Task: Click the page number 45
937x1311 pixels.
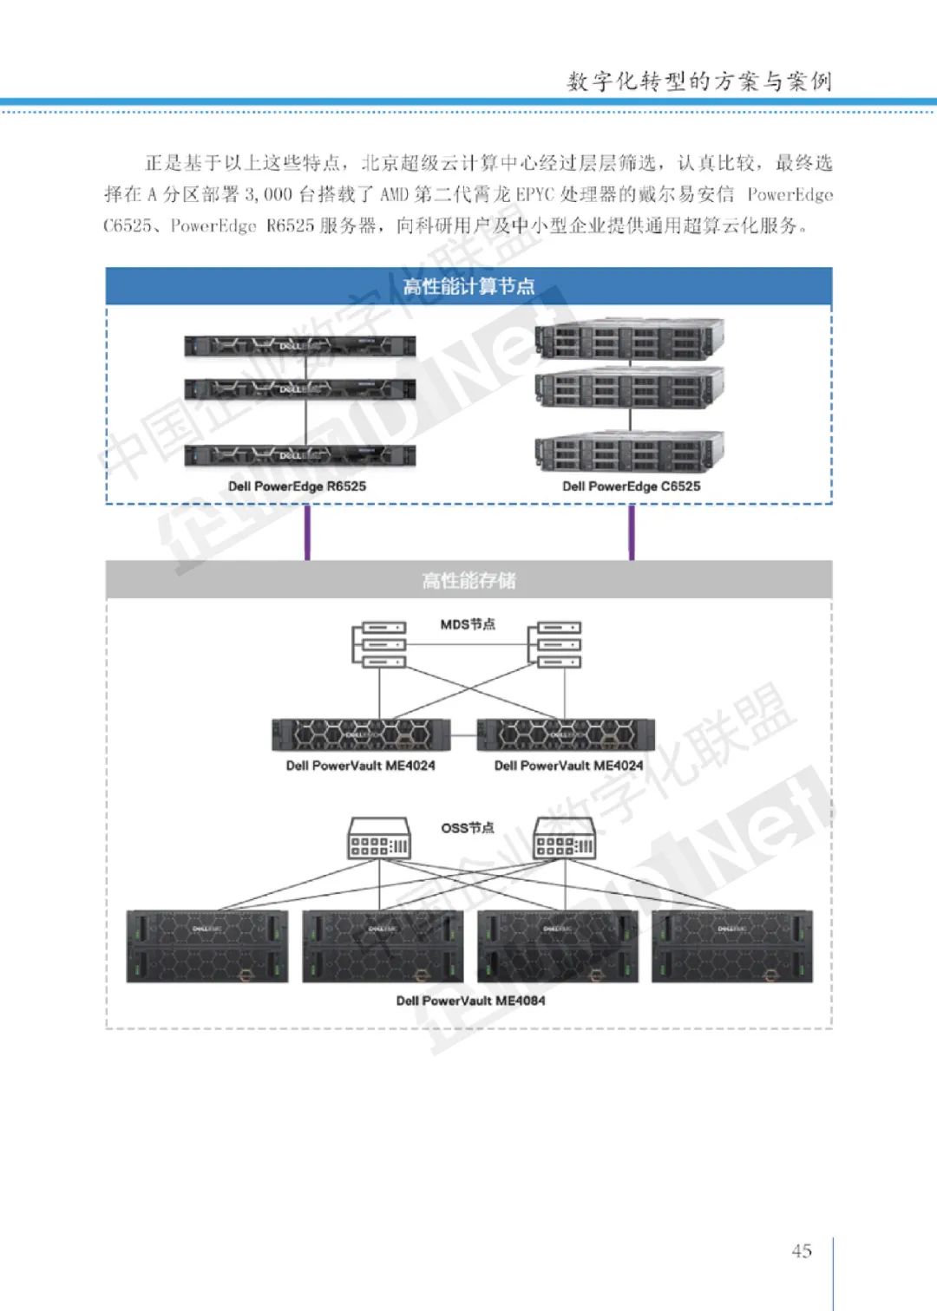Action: (802, 1250)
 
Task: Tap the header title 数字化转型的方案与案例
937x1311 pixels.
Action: (699, 82)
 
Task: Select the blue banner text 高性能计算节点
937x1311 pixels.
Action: (468, 286)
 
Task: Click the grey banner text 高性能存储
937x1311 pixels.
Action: (468, 580)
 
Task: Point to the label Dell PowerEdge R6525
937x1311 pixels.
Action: (297, 486)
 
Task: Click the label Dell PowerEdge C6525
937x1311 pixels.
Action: (631, 486)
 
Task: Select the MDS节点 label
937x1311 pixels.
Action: (468, 624)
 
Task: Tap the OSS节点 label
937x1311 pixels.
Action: (468, 828)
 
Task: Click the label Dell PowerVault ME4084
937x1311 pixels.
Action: (470, 1001)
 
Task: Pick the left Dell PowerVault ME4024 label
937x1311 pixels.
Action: (361, 766)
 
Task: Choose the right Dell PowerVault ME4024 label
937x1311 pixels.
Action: (568, 766)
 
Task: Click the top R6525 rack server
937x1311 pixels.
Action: (299, 346)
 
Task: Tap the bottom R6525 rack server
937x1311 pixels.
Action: (299, 455)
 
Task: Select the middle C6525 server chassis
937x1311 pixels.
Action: (630, 387)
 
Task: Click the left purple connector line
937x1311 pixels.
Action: (307, 532)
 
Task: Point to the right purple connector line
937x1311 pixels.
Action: (632, 532)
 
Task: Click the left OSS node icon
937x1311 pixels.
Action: (379, 838)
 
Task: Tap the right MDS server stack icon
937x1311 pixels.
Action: (558, 644)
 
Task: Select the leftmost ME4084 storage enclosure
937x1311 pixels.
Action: (207, 946)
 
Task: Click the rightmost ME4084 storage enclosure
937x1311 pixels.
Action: (732, 946)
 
